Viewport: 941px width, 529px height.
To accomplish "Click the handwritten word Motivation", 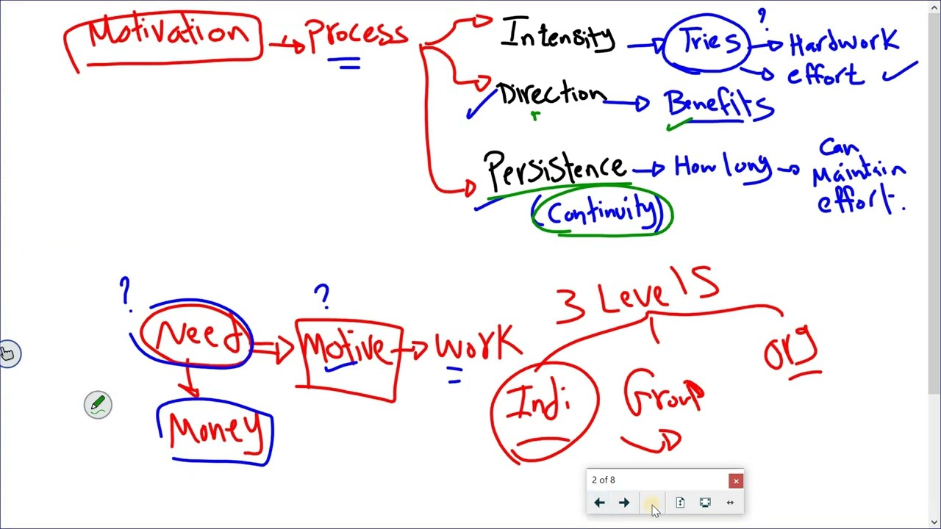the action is tap(168, 33).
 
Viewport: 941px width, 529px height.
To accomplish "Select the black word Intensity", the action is tap(558, 35).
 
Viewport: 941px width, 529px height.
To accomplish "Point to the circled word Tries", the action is tap(710, 41).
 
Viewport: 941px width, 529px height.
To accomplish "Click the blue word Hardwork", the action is tap(843, 42).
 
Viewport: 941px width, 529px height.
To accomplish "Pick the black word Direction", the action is tap(552, 94).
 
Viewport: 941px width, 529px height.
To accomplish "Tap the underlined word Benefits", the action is tap(718, 104).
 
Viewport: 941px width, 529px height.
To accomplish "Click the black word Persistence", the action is tap(554, 170).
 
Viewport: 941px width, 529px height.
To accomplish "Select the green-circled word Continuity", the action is tap(601, 212).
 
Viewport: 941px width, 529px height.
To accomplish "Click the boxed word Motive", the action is tap(345, 351).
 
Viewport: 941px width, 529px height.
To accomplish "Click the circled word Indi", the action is tap(540, 401).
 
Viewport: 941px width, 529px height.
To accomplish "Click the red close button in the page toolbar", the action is tap(736, 481).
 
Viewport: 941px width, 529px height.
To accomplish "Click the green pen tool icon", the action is tap(98, 405).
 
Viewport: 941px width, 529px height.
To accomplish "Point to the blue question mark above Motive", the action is tap(322, 296).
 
